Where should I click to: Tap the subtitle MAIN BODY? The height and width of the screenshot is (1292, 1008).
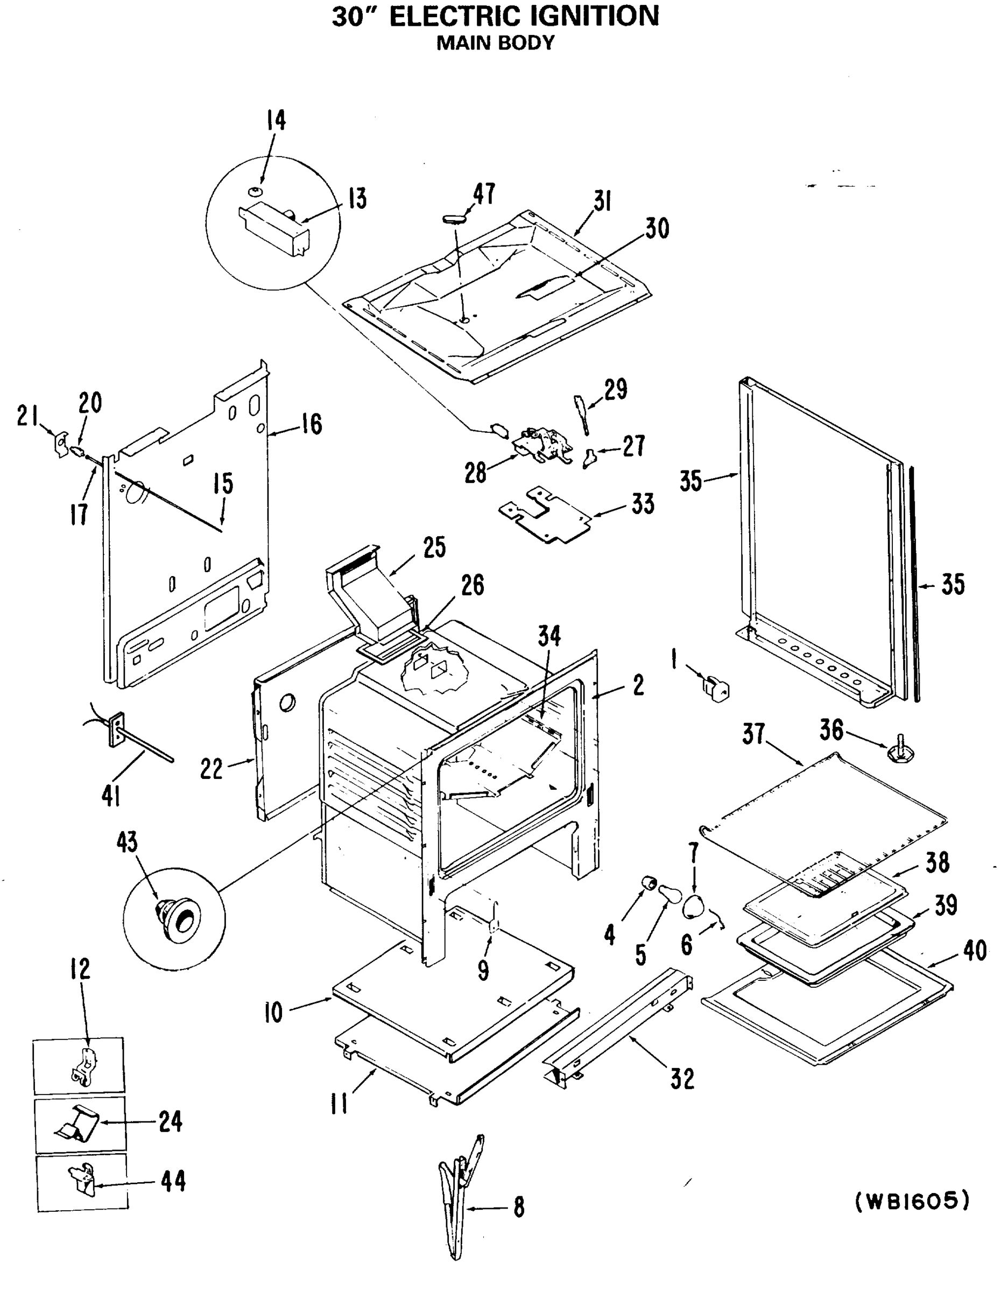pos(495,43)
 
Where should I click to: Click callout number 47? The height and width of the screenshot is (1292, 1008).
pos(484,193)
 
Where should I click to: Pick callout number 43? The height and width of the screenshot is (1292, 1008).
pos(127,842)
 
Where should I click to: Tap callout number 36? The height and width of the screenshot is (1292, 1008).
pos(831,729)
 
